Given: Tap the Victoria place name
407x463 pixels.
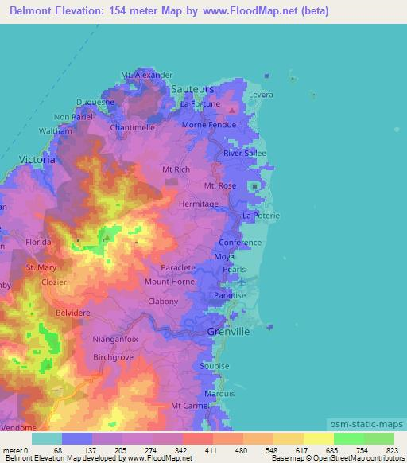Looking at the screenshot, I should tap(37, 159).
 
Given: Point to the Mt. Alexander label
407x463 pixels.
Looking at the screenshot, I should tap(147, 75).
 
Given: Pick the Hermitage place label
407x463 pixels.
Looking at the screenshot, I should tap(198, 204).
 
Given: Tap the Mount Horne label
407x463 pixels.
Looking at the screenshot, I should tap(169, 282).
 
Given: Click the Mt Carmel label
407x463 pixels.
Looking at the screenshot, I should tap(189, 406).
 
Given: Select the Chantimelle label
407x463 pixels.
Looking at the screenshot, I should tap(133, 127).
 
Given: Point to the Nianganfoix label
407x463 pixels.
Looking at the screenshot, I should tap(114, 339).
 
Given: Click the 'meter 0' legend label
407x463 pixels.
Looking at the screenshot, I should tap(17, 449).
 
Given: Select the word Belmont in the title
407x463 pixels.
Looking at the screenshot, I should tap(32, 12).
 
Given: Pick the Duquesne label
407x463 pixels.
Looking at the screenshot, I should tap(95, 102).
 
